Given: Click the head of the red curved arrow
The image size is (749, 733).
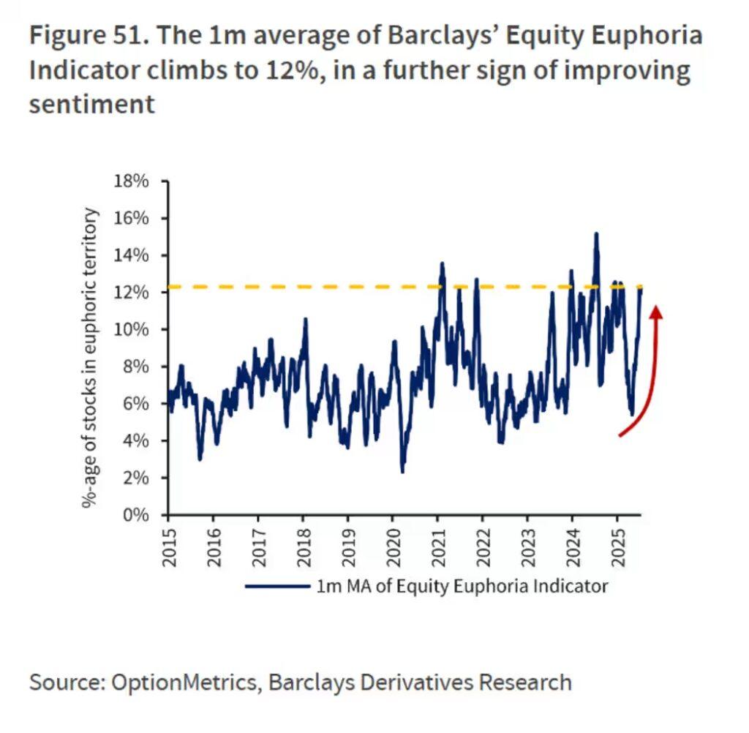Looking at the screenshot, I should point(656,312).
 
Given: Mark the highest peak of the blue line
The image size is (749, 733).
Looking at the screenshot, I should point(596,235).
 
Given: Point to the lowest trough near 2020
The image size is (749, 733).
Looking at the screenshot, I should point(402,471).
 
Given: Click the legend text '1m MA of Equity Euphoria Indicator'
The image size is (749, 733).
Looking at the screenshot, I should point(462,586).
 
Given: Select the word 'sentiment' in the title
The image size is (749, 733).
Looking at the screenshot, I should point(92,104).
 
